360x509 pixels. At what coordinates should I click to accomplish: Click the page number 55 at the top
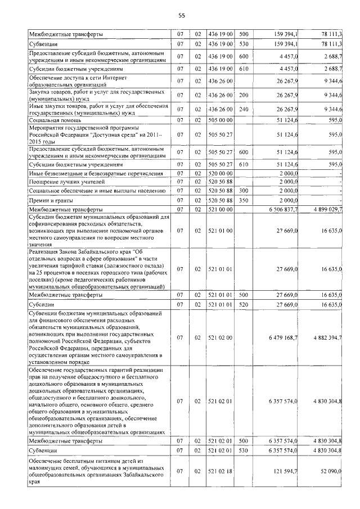[x=181, y=16]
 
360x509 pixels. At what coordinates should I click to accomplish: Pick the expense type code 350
[x=244, y=200]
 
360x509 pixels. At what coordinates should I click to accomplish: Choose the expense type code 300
[x=244, y=191]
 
